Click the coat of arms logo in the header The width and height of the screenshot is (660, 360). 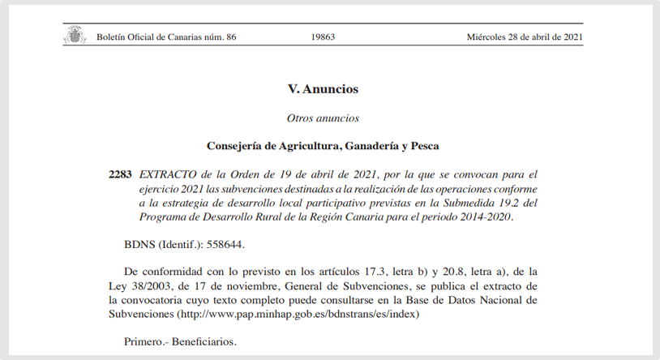click(74, 36)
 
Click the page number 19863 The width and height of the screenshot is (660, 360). click(323, 37)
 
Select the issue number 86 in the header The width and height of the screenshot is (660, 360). click(231, 37)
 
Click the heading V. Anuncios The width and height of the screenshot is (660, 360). click(323, 89)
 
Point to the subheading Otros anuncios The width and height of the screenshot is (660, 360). click(323, 118)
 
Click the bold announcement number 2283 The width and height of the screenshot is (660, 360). click(120, 174)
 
